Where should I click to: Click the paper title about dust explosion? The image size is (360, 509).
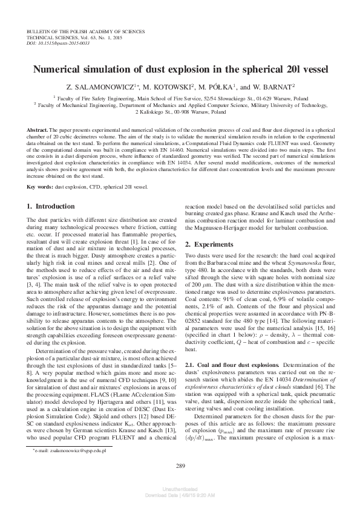coord(180,70)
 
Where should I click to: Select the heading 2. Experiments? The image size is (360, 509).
coord(209,244)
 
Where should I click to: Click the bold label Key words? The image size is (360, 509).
coord(41,187)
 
